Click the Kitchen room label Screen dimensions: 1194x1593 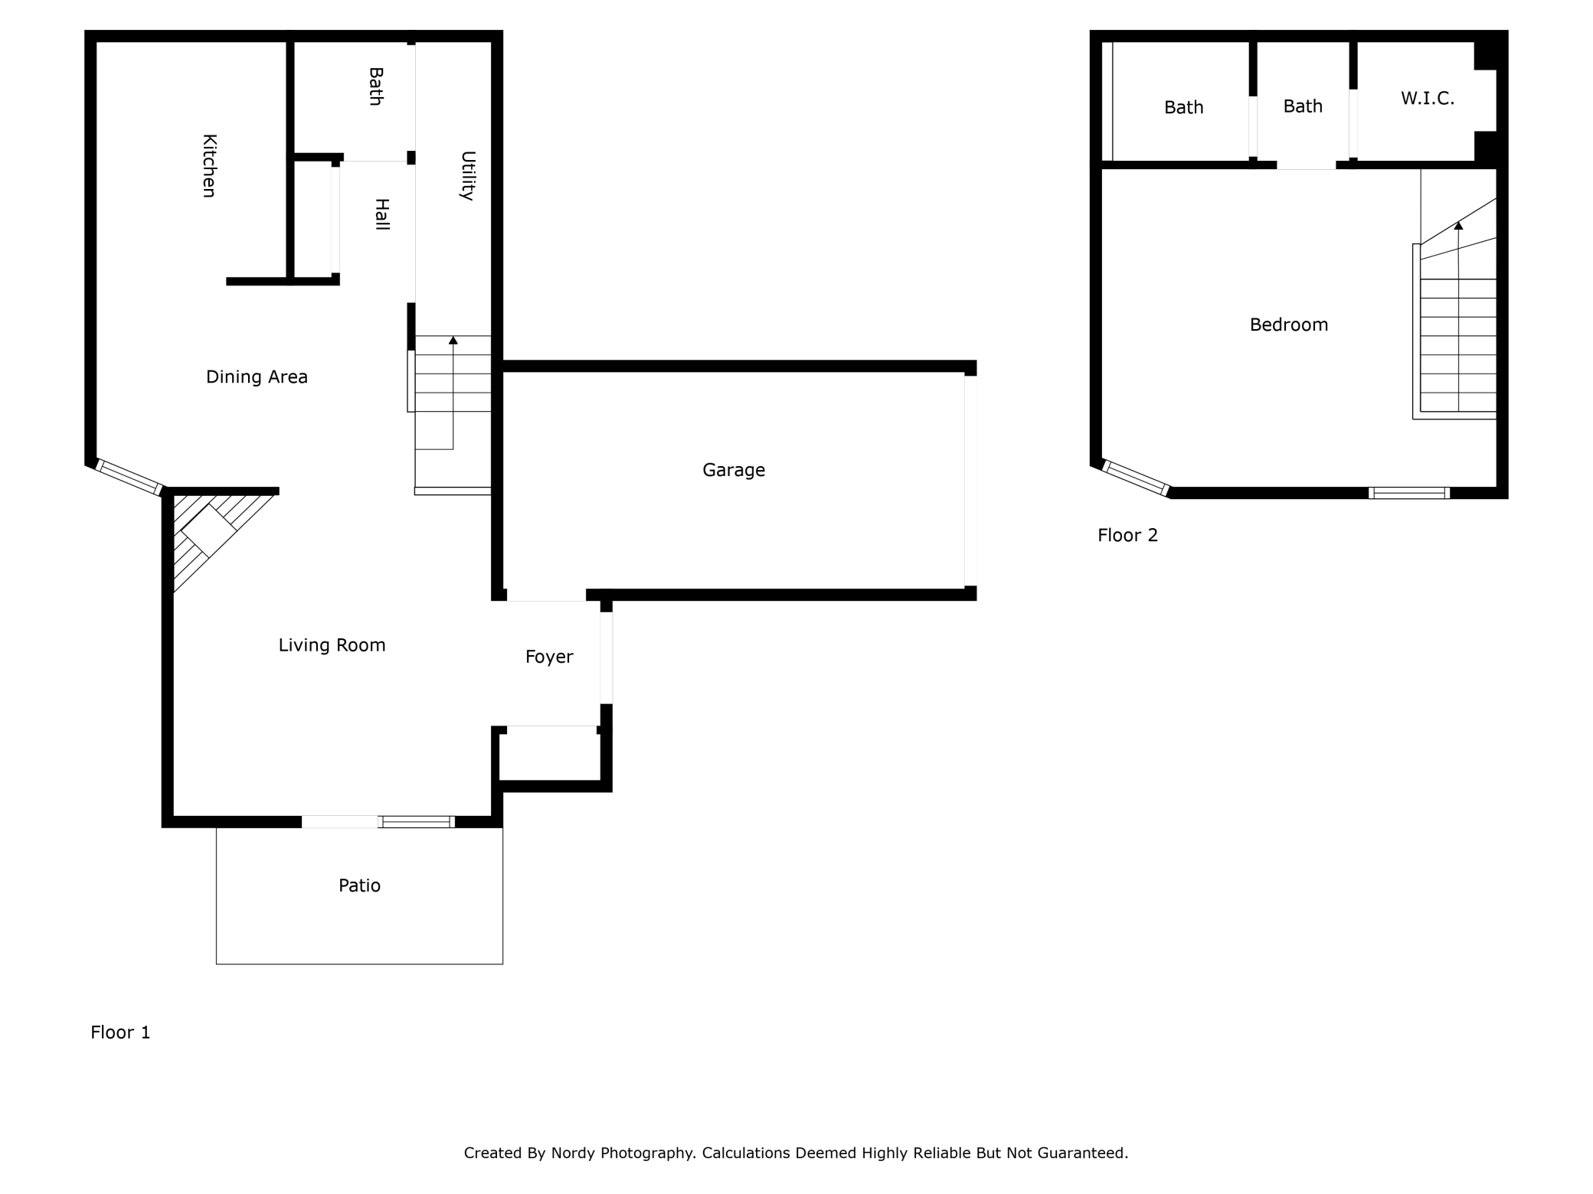(208, 166)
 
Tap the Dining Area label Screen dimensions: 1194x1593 (257, 377)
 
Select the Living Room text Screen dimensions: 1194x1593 (332, 645)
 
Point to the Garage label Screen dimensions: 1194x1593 (734, 470)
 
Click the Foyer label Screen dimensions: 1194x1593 (549, 657)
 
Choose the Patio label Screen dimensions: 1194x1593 (359, 886)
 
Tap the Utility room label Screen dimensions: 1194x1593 (467, 176)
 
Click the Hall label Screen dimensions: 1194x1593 (381, 214)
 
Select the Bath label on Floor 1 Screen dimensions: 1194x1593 (375, 86)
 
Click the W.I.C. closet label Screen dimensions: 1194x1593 (1428, 99)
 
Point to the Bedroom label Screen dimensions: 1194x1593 (1289, 325)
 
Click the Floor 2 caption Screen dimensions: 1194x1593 (1127, 536)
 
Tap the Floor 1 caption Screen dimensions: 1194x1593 (120, 1033)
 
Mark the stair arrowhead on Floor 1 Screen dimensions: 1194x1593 (453, 340)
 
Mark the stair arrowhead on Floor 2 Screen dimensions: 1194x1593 (1458, 226)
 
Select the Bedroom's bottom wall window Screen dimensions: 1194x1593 (1409, 493)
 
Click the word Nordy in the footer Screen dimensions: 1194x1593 (573, 1153)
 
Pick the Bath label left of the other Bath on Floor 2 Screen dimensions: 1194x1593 (1183, 108)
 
